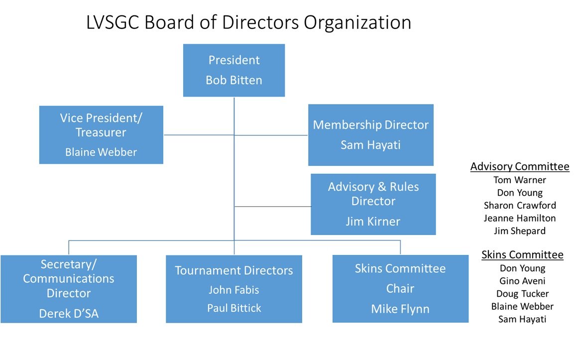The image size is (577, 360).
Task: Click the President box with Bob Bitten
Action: pos(234,70)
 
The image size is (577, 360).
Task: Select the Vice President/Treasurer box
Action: pos(101,134)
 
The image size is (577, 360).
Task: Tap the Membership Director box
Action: pos(370,135)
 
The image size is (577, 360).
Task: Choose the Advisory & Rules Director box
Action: pos(373,204)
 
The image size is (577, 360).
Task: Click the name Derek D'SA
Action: pos(69,313)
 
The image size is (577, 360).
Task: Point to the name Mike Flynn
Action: pos(400,309)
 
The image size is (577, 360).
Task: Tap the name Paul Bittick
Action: pos(234,308)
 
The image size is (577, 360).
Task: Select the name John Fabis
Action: pos(234,290)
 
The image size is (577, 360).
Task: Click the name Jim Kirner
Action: pos(373,222)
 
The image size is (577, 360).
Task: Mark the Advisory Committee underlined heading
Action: pos(520,167)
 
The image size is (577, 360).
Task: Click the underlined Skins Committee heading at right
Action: pos(522,255)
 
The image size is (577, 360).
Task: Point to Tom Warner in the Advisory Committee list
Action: pos(520,180)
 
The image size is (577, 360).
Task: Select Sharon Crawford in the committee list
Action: pos(520,205)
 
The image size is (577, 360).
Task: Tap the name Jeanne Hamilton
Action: pos(520,218)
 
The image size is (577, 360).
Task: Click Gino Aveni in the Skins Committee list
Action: pos(522,281)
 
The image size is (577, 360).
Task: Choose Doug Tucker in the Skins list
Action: pos(522,294)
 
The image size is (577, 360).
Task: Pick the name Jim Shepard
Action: pos(520,231)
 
